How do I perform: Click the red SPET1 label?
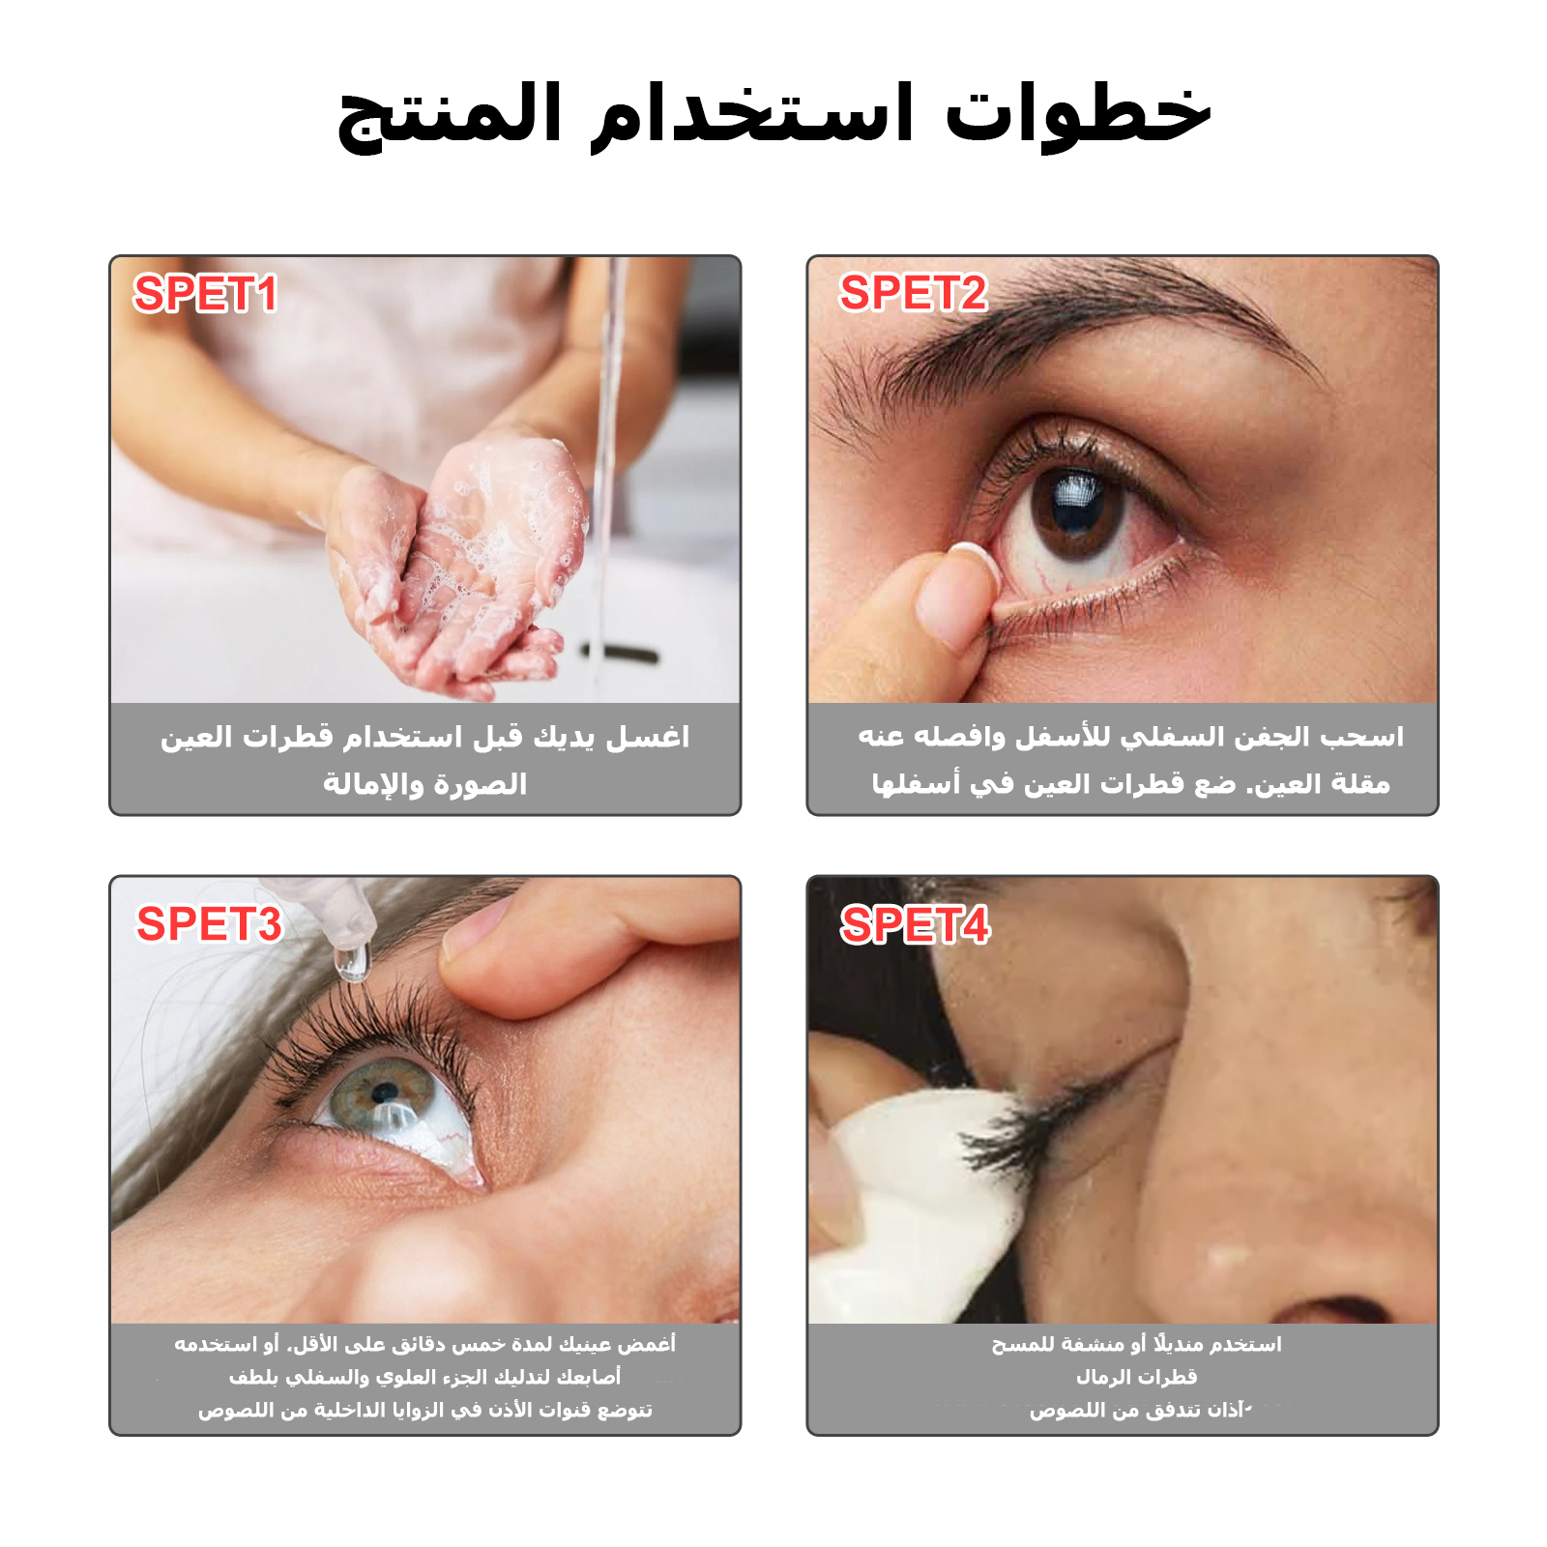tap(205, 293)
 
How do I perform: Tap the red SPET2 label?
tap(913, 292)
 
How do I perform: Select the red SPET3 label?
tap(209, 923)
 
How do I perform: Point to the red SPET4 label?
tap(915, 924)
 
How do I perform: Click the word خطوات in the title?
tap(1077, 114)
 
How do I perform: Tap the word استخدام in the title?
tap(752, 116)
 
